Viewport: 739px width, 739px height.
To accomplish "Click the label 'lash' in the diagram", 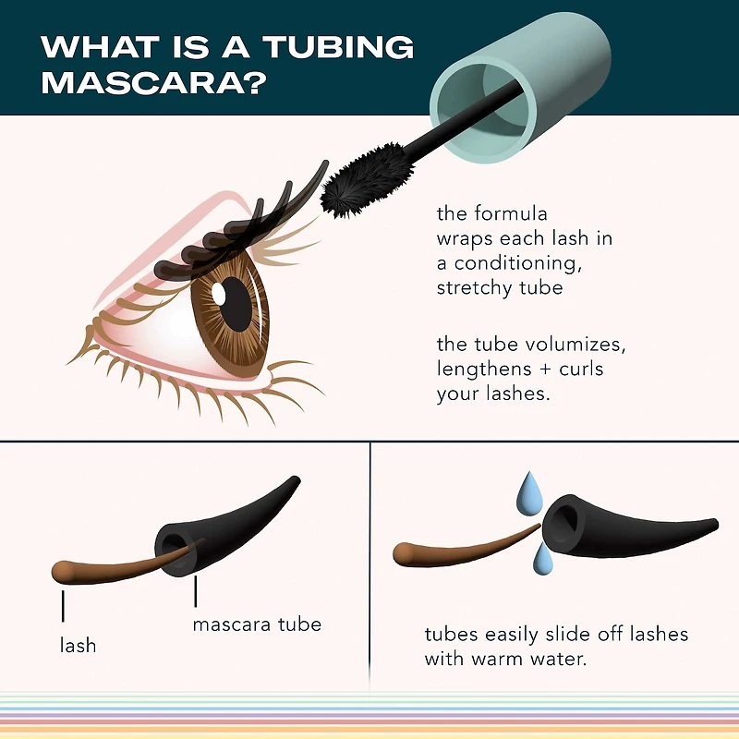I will click(x=78, y=645).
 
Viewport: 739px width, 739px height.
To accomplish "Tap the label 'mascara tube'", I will click(x=257, y=624).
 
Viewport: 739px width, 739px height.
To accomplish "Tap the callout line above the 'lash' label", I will click(x=63, y=604).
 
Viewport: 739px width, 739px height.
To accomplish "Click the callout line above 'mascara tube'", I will click(x=196, y=590).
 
